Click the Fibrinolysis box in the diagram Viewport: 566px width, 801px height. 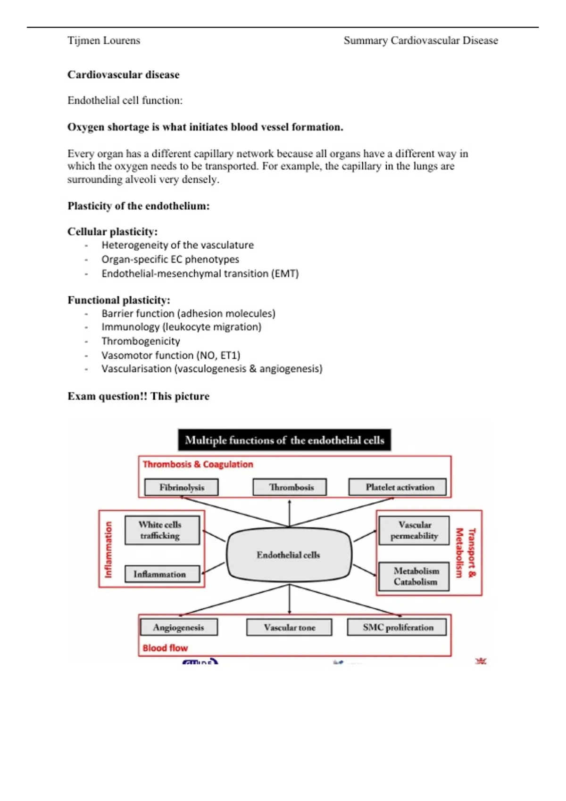(x=182, y=487)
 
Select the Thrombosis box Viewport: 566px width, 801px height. (x=290, y=487)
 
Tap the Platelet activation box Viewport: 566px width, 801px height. (x=398, y=487)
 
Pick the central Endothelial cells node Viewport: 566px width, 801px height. (x=289, y=555)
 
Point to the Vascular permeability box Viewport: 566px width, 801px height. (x=414, y=530)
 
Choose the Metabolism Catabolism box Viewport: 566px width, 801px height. (x=414, y=576)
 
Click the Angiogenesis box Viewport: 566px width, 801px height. (x=179, y=627)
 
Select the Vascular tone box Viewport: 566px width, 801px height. (x=289, y=627)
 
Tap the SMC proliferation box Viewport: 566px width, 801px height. (x=397, y=627)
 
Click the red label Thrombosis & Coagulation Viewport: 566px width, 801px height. (x=198, y=464)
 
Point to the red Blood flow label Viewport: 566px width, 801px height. (x=165, y=648)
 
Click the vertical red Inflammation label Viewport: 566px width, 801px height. (x=108, y=549)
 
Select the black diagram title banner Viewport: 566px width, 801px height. (x=284, y=440)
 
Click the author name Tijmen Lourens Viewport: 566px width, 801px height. (x=104, y=41)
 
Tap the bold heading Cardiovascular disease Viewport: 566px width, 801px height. (x=124, y=74)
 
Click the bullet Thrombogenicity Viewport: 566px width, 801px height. (x=141, y=341)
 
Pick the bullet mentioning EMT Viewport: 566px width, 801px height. (x=200, y=274)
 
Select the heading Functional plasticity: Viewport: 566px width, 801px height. (x=119, y=300)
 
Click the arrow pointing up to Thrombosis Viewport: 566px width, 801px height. (x=289, y=512)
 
